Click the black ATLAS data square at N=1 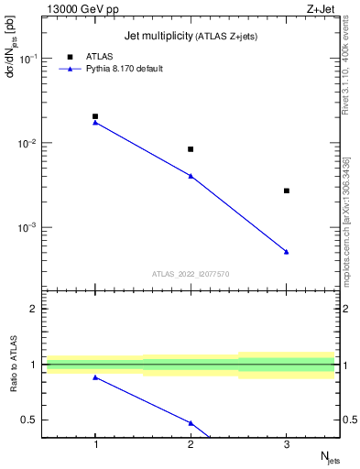coord(95,116)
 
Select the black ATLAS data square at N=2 coord(191,149)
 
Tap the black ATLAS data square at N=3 coord(287,191)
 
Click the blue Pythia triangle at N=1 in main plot coord(95,122)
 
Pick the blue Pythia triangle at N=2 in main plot coord(191,175)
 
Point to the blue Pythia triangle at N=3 coord(287,251)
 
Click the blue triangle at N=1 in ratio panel coord(95,377)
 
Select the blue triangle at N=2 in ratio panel coord(191,422)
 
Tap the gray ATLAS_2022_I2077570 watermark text coord(191,273)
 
